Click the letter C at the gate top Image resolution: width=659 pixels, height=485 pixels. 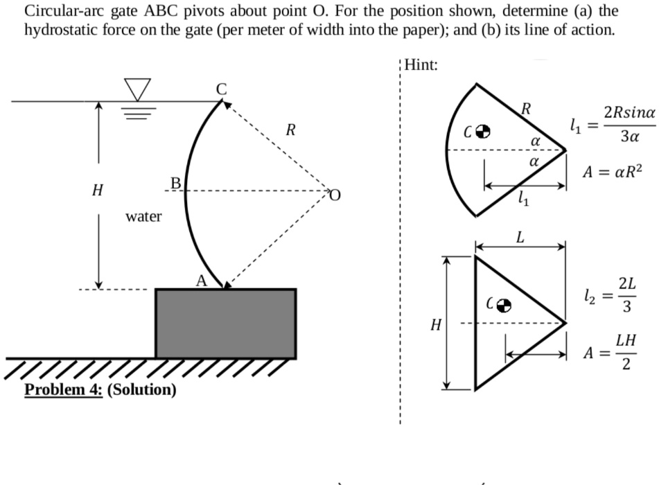click(x=221, y=89)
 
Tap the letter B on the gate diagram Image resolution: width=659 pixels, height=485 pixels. click(x=176, y=184)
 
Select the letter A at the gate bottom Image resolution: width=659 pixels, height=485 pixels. click(x=201, y=281)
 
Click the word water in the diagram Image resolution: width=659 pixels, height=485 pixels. click(x=143, y=217)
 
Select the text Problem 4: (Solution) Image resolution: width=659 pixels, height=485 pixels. click(x=100, y=389)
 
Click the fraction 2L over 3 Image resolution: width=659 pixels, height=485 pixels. click(x=624, y=296)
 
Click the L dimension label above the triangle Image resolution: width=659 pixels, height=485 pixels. click(x=519, y=237)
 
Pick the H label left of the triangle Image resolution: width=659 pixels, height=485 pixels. click(x=435, y=324)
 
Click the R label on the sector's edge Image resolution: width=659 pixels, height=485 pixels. click(x=527, y=107)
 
